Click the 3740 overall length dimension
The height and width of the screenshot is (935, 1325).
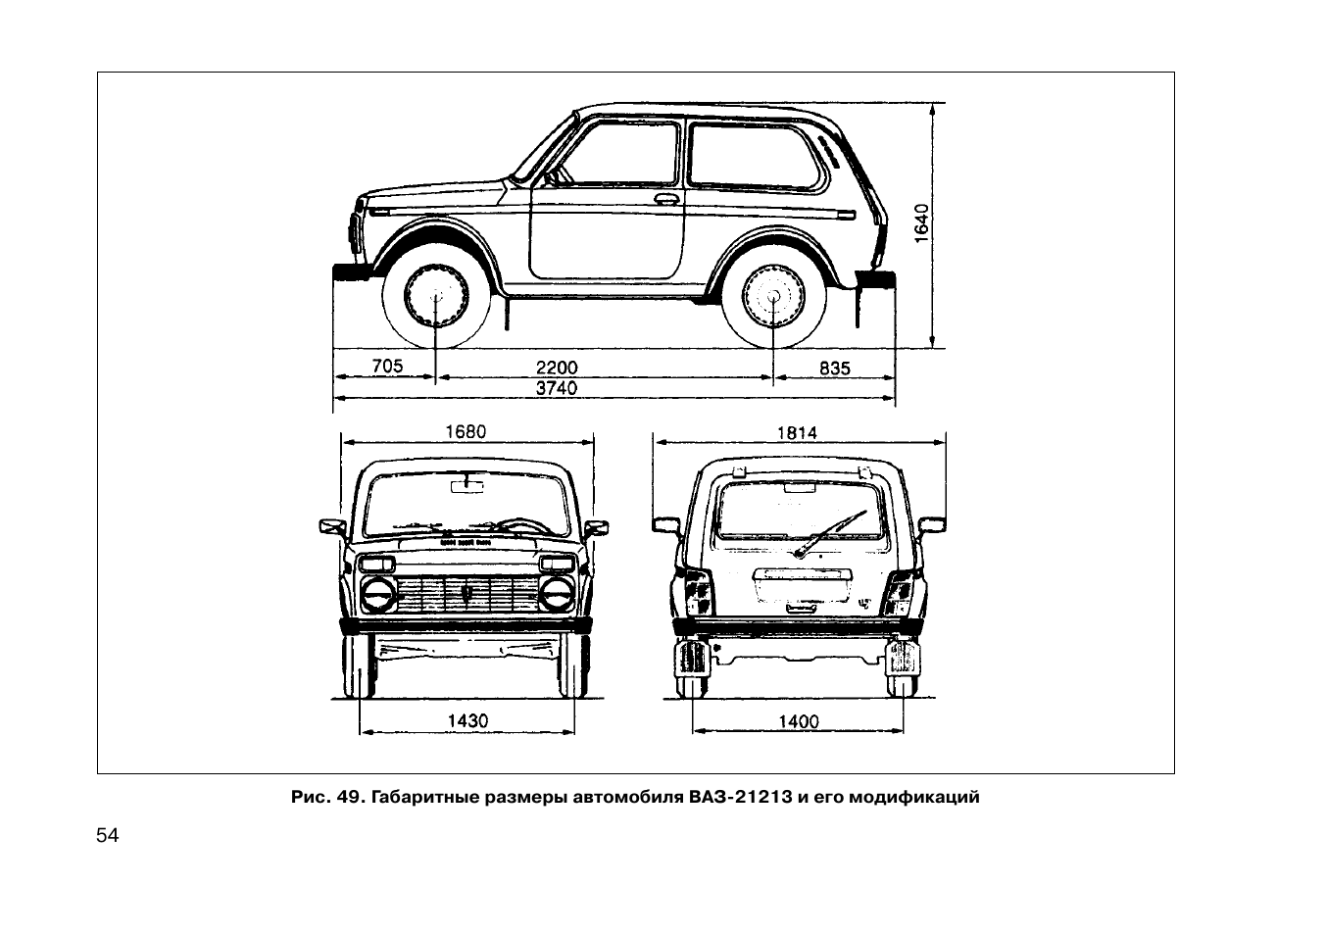click(556, 388)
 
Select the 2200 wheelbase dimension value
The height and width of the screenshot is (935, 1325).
click(556, 368)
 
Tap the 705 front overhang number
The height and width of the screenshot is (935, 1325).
click(387, 367)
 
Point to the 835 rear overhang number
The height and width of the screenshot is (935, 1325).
click(835, 369)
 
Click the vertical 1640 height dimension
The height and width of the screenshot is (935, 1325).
click(921, 223)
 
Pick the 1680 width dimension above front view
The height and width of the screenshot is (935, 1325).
click(466, 431)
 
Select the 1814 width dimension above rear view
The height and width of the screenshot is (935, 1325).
click(797, 433)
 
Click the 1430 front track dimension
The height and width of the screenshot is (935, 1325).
click(467, 720)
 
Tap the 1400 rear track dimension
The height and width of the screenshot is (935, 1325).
click(799, 721)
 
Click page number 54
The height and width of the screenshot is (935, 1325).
click(107, 835)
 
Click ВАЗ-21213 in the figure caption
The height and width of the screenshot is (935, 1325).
click(740, 797)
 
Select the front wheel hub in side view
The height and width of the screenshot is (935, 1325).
click(436, 296)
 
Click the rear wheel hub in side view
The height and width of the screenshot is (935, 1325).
click(773, 296)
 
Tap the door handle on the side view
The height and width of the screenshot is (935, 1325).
click(666, 199)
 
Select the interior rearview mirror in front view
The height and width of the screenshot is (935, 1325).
click(466, 487)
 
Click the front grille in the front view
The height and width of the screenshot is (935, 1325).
click(467, 594)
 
